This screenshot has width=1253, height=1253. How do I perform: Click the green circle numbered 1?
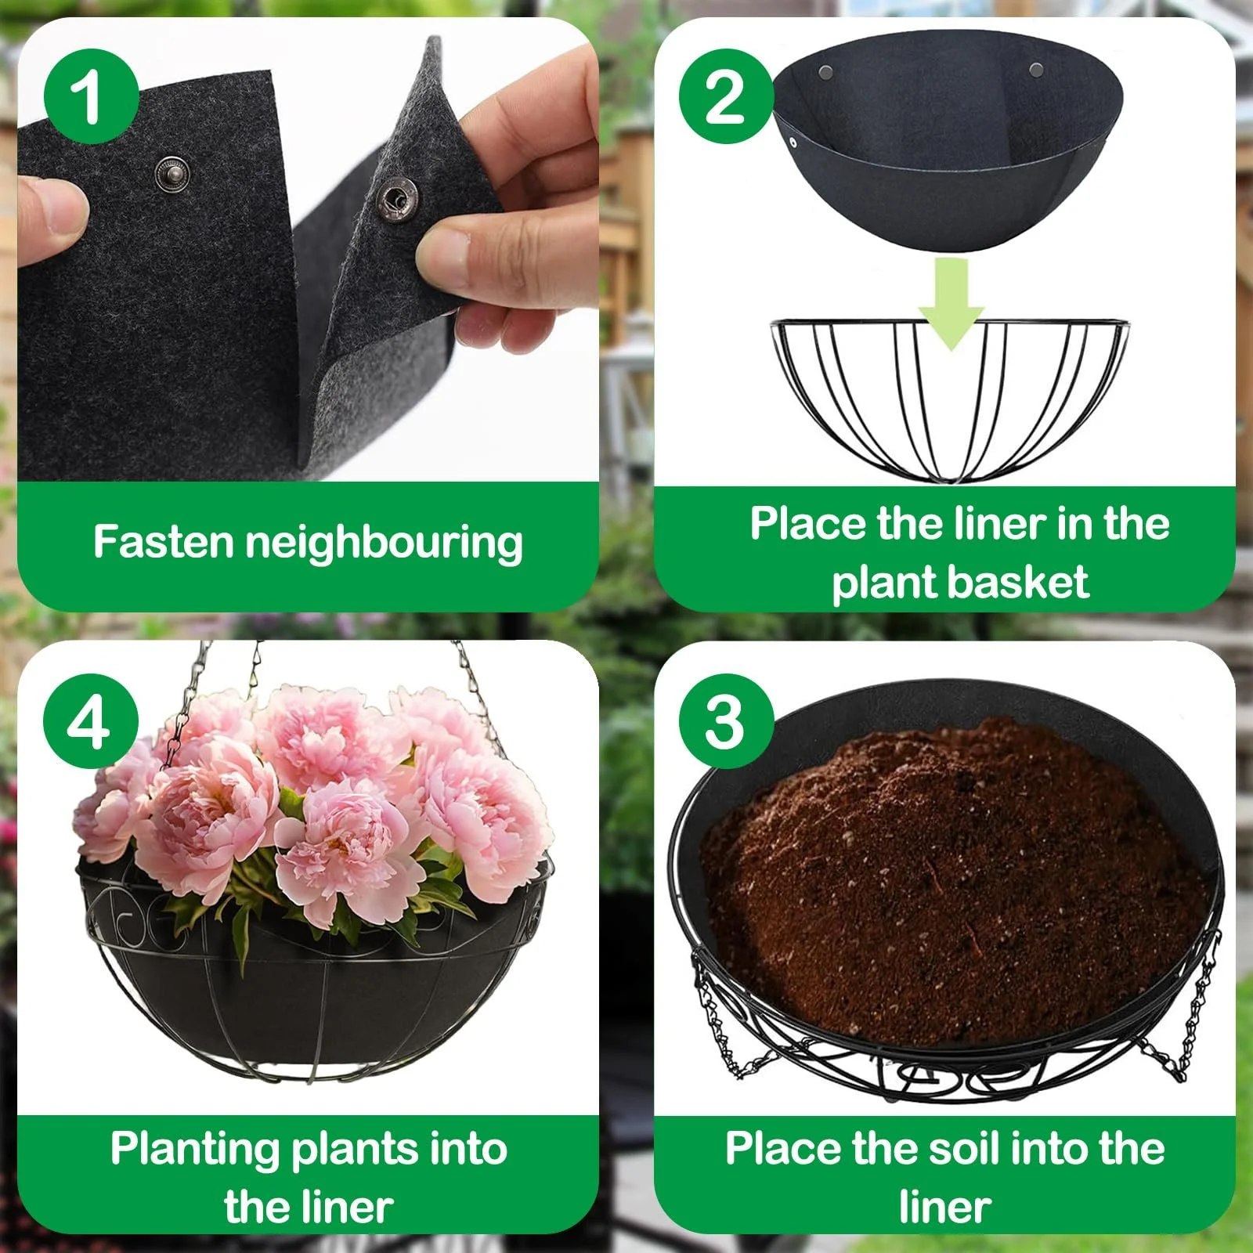tap(91, 96)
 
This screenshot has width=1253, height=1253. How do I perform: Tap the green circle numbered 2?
tap(726, 96)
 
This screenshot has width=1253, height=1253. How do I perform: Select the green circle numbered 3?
tap(726, 720)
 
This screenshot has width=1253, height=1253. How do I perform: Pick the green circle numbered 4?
tap(91, 720)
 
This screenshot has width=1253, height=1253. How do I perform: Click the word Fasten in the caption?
tap(164, 541)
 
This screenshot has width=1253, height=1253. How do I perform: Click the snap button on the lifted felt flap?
tap(398, 199)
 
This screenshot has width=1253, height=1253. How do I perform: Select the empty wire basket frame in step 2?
tap(950, 399)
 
